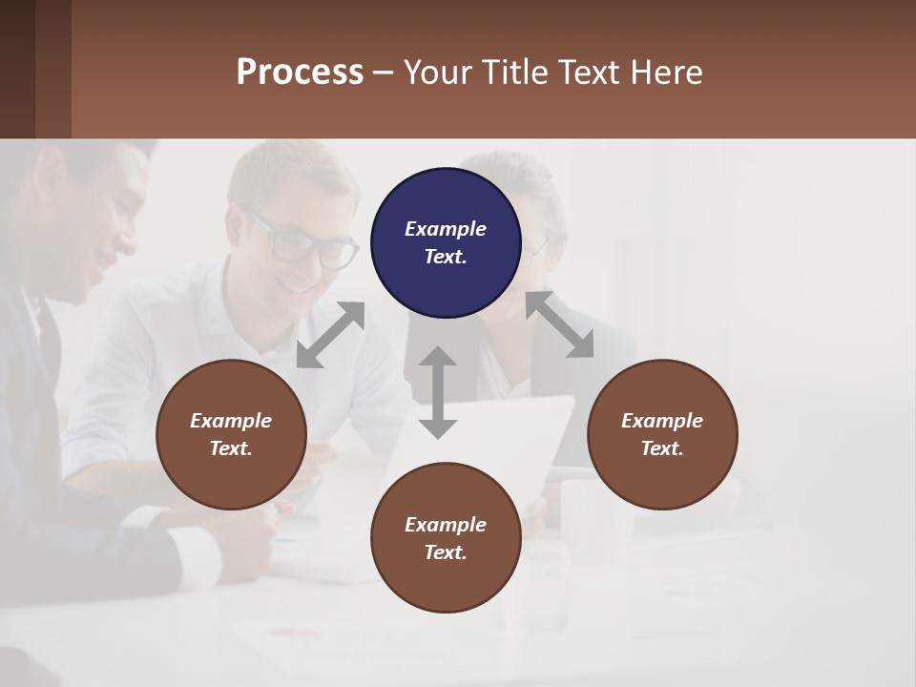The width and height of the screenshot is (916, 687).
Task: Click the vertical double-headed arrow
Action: (438, 392)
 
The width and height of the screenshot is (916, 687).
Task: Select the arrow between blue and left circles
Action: (330, 335)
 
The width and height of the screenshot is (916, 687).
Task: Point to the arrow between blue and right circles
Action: (560, 324)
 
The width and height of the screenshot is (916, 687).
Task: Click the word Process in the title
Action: (300, 73)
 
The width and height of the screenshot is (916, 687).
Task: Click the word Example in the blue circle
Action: (446, 229)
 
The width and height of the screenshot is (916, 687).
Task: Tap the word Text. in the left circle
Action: (231, 448)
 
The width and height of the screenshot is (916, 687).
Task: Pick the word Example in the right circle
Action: (662, 421)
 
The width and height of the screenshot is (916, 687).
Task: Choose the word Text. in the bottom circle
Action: (446, 552)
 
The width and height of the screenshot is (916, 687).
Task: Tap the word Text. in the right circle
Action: (662, 448)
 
